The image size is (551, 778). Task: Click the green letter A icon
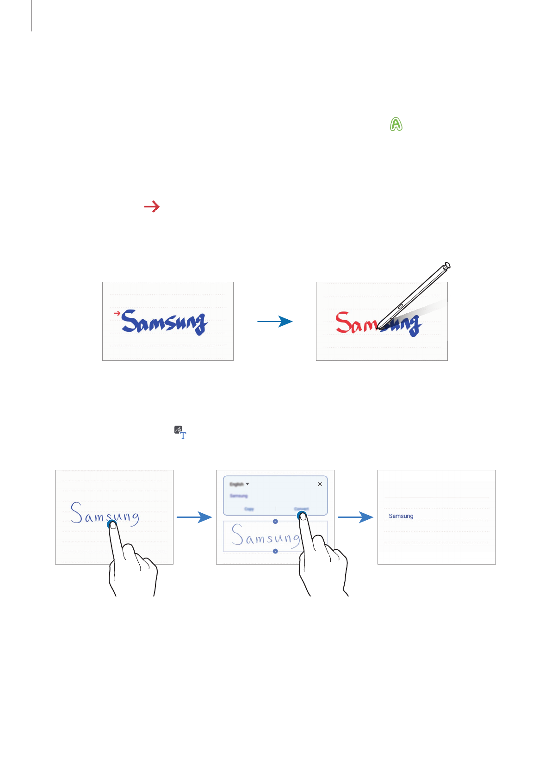coord(396,124)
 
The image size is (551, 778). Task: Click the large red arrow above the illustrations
coord(152,207)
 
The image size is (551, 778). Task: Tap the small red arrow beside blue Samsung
coord(117,313)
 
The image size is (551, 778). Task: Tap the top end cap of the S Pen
coord(446,266)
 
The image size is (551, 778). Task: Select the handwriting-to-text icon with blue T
coord(180,432)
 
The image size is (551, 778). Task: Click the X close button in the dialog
coord(320,484)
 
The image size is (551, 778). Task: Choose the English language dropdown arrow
coord(248,484)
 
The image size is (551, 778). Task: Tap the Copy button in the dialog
coord(249,509)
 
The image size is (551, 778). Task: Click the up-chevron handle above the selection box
coord(275,521)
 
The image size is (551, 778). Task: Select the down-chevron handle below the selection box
coord(275,551)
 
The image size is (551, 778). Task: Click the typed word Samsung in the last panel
coord(401,516)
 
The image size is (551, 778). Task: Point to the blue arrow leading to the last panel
coord(355,517)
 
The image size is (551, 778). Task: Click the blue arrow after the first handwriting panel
coord(194,517)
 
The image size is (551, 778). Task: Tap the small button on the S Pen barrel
coord(401,306)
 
